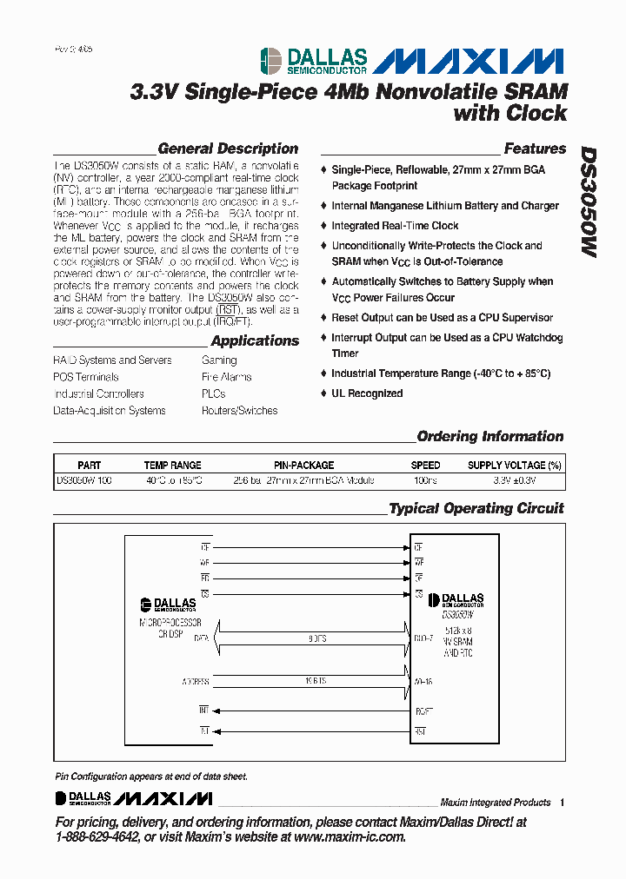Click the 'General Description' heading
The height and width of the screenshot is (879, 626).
(228, 149)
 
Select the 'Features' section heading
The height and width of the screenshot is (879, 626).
(535, 149)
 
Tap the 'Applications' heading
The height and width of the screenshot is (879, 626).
(255, 341)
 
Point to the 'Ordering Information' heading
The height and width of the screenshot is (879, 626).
(490, 437)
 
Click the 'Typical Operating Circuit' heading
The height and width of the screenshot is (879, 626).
(476, 509)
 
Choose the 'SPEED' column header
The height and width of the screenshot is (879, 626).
(425, 466)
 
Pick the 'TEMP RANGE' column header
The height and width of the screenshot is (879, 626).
(172, 466)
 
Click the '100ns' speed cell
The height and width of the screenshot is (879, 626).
(425, 479)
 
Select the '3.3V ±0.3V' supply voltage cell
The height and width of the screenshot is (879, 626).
(515, 479)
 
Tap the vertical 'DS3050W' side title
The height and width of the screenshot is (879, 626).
(589, 201)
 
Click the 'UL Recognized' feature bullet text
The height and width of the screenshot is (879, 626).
(367, 393)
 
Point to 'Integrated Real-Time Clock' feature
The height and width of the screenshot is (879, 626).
(395, 226)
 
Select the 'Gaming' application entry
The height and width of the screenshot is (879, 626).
(219, 360)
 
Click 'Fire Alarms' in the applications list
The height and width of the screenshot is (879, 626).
(226, 377)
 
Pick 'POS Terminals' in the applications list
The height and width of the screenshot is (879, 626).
(86, 377)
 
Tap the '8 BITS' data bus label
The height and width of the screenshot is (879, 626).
(317, 638)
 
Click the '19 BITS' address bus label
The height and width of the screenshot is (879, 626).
(316, 682)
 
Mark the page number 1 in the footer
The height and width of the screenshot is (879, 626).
(563, 803)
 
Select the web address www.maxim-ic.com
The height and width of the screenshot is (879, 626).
(350, 836)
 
